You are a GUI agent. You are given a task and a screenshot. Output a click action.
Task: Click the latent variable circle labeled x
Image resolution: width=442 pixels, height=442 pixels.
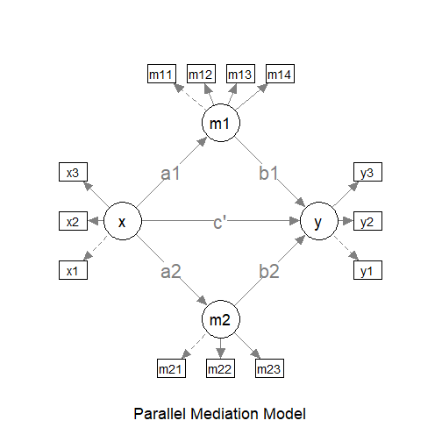tap(123, 222)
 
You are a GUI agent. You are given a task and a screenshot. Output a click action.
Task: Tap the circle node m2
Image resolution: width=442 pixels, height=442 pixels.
tap(220, 319)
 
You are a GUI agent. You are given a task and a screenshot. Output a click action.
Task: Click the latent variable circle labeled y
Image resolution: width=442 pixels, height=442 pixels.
tap(317, 222)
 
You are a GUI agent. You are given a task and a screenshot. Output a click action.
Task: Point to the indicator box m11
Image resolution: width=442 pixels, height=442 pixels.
tap(161, 75)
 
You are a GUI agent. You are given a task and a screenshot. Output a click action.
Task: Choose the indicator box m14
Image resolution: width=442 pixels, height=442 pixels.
tap(279, 75)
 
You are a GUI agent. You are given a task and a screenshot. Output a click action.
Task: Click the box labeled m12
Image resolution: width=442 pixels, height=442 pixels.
tap(201, 75)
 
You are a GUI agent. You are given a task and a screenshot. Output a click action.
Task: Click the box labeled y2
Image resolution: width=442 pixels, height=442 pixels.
tap(367, 222)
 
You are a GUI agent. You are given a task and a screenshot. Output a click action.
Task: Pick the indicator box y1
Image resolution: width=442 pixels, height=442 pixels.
tap(367, 271)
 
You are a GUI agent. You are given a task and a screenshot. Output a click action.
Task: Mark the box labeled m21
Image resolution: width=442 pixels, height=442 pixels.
tap(172, 368)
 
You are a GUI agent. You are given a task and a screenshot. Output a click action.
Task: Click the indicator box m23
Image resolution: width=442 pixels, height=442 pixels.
tap(269, 368)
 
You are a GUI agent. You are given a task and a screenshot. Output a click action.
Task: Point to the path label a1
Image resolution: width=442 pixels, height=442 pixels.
tap(171, 174)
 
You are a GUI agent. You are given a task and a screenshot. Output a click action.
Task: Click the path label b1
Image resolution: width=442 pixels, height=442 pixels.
tap(269, 174)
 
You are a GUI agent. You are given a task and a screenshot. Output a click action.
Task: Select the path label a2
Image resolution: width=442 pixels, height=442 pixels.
tap(171, 271)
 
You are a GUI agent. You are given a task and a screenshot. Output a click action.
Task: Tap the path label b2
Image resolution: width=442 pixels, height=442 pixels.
tap(269, 271)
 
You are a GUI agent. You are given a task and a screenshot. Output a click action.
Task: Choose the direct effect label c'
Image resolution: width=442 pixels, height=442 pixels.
tap(220, 222)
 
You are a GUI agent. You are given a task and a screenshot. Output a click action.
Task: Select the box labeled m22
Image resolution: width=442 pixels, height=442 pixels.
tap(220, 368)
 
